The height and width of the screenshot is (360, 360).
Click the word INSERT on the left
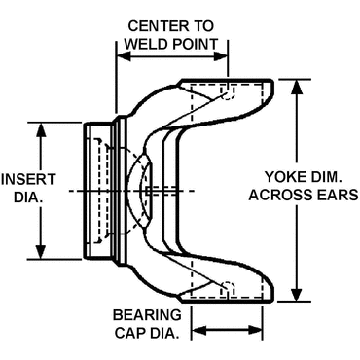tap(28, 180)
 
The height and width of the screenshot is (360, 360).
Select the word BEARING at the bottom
tap(147, 315)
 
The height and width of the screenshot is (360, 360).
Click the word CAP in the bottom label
tap(129, 333)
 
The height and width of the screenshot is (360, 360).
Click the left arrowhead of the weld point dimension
tap(124, 55)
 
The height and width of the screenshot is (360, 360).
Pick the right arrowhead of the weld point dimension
tap(221, 55)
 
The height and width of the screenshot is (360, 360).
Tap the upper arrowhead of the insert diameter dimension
tap(40, 130)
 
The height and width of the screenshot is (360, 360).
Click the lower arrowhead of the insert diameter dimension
tap(40, 252)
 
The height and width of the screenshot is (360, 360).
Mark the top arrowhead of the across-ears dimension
tap(297, 87)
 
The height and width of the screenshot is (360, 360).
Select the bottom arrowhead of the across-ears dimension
tap(297, 294)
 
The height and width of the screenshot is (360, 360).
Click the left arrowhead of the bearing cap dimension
tap(199, 331)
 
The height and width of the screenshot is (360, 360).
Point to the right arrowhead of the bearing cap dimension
tap(255, 331)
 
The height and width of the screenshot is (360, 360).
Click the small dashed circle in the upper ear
tap(229, 94)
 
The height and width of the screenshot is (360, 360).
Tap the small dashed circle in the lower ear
tap(229, 287)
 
